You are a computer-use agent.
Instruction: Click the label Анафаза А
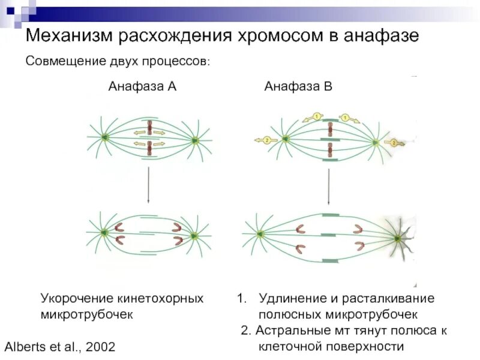(142, 86)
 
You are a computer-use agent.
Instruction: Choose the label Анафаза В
(298, 86)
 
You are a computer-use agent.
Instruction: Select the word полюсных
(287, 314)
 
